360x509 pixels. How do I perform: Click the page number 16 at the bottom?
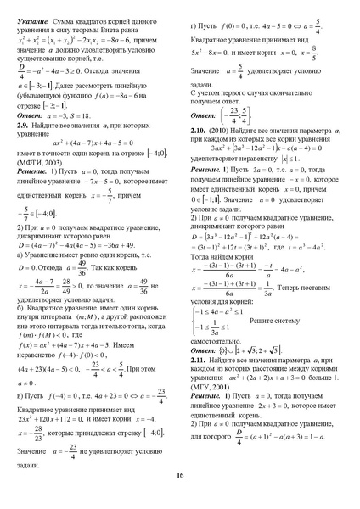point(180,474)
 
